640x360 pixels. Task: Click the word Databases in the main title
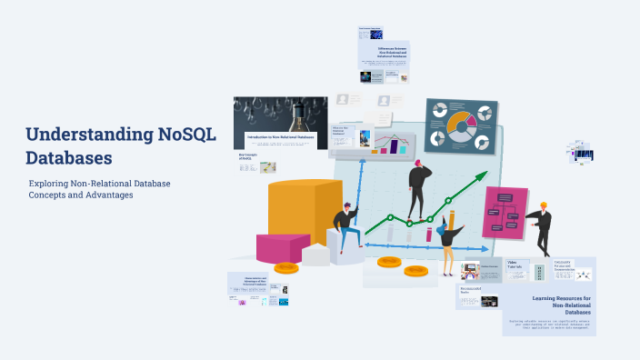tap(69, 158)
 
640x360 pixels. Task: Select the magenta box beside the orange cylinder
tap(282, 248)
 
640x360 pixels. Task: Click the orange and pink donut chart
tap(462, 126)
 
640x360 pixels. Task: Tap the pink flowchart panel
tap(505, 213)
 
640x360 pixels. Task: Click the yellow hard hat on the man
tap(544, 205)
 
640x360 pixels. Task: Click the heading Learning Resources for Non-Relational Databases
tap(561, 304)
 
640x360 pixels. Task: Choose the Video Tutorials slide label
tap(516, 266)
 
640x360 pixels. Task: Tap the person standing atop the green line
tap(418, 186)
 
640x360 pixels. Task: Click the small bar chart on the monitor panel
tap(390, 144)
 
